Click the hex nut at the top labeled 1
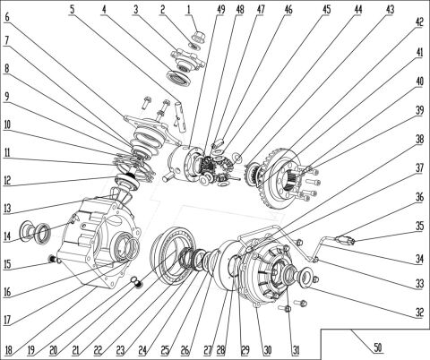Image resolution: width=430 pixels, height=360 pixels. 195,39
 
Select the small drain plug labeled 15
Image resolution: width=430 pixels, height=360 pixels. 53,261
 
